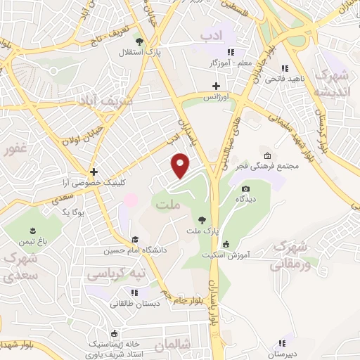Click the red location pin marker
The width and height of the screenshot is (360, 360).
[x=181, y=165]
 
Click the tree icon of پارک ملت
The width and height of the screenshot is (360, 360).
[x=202, y=220]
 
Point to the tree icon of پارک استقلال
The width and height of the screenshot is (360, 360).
[x=139, y=41]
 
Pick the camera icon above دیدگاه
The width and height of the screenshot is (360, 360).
[x=245, y=188]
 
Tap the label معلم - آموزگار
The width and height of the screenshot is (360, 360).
[x=210, y=63]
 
